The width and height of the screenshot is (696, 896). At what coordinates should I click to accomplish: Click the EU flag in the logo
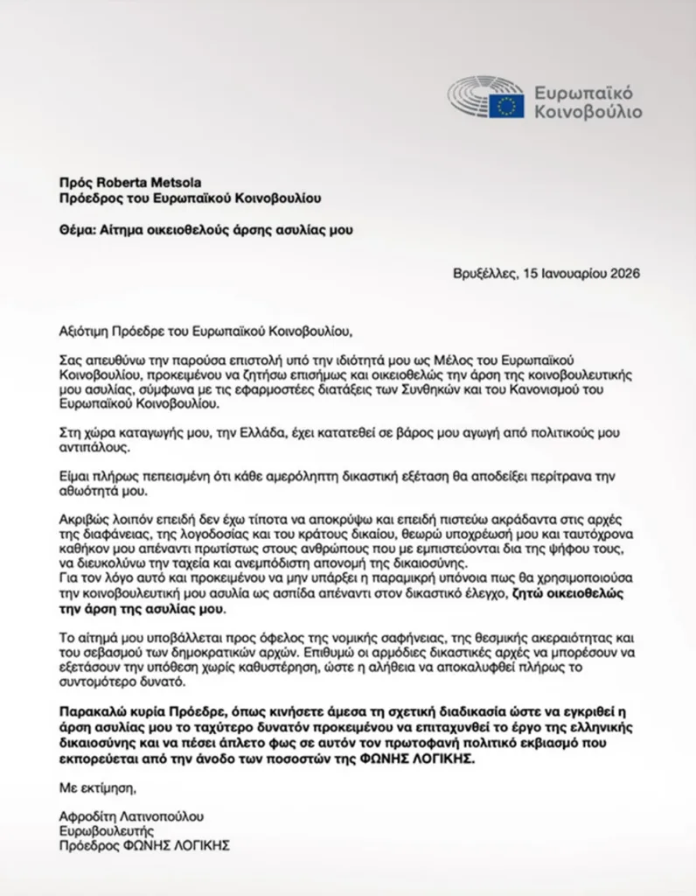click(x=506, y=106)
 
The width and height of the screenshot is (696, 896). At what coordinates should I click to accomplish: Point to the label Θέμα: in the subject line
click(x=77, y=230)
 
